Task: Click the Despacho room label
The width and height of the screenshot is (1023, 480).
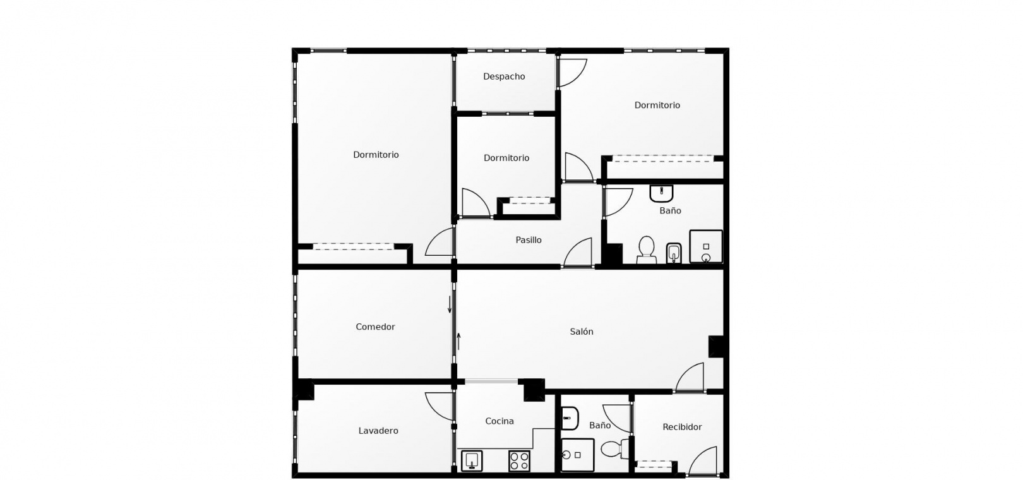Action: tap(504, 76)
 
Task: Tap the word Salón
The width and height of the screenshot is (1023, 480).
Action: tap(582, 332)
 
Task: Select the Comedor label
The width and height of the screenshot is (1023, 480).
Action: tap(375, 327)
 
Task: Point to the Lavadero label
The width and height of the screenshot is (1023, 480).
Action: tap(378, 431)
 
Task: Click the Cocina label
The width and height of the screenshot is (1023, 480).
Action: tap(499, 421)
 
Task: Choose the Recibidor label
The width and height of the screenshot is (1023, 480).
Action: tap(682, 427)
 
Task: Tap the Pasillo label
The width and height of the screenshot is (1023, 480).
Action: tap(529, 240)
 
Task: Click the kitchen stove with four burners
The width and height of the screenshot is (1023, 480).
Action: tap(519, 461)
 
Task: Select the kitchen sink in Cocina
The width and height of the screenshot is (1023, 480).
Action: tap(472, 460)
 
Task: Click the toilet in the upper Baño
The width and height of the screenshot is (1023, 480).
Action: tap(646, 250)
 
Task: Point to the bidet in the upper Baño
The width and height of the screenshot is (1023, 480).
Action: tap(674, 253)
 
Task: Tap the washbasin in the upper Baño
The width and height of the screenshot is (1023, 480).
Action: tap(661, 193)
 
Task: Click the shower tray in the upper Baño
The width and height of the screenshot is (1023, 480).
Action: tap(706, 246)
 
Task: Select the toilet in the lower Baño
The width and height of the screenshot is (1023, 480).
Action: tap(614, 449)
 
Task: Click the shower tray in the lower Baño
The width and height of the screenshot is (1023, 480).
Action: tap(578, 455)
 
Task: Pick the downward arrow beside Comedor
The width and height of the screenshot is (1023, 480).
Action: tap(450, 304)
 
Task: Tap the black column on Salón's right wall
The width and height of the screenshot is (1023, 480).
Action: tap(716, 347)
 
